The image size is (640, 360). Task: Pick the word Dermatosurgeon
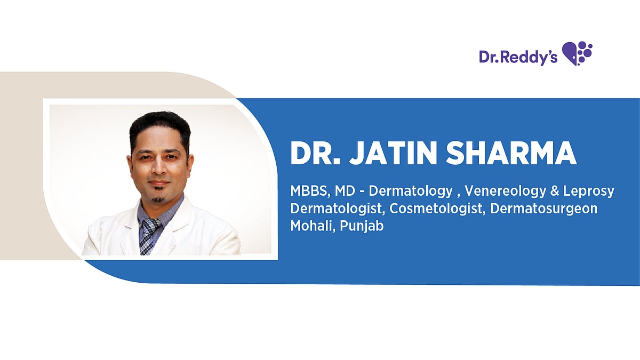pyautogui.click(x=543, y=209)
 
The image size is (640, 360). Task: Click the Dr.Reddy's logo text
pyautogui.click(x=517, y=57)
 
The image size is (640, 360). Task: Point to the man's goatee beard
pyautogui.click(x=158, y=198)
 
